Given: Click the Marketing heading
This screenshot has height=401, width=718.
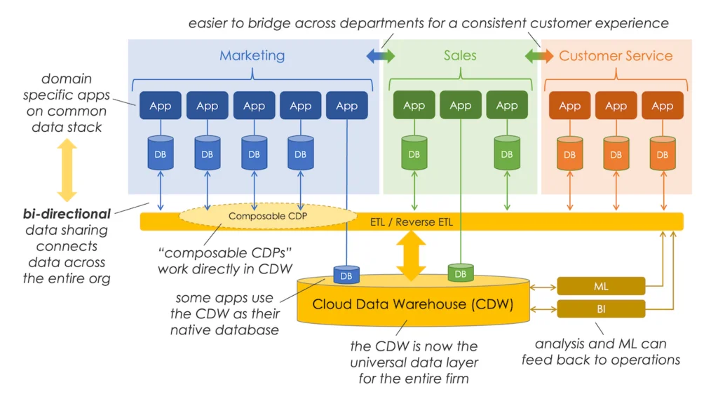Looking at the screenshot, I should click(252, 55).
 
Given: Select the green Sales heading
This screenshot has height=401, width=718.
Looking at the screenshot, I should click(460, 55).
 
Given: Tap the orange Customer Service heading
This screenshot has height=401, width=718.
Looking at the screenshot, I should click(616, 55).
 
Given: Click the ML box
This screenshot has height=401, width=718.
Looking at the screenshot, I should click(601, 286).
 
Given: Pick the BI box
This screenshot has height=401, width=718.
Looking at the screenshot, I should click(601, 308).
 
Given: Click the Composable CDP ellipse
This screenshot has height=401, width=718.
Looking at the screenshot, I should click(268, 216).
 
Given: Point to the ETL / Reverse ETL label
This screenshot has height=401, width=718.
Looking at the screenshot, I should click(412, 222).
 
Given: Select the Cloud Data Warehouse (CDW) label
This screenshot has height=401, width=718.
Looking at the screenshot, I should click(412, 304).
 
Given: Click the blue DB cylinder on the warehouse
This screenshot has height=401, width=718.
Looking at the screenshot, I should click(346, 274).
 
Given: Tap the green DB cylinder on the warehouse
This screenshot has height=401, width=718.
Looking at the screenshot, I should click(461, 272).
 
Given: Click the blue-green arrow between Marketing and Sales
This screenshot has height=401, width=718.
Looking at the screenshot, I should click(381, 56).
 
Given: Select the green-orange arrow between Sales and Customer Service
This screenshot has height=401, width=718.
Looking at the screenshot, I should click(539, 56).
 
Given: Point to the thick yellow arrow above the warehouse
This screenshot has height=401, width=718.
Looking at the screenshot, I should click(412, 254).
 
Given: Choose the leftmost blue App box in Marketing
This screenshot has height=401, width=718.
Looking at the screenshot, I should click(161, 106).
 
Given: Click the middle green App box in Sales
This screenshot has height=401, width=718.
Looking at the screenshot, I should click(461, 106).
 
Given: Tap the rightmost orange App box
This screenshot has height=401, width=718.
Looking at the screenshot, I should click(663, 106).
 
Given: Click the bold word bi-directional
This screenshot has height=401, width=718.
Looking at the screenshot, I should click(67, 214).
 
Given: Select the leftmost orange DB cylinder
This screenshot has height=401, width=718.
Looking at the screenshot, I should click(569, 154).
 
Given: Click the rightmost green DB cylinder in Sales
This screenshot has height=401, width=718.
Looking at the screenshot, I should click(507, 154).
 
